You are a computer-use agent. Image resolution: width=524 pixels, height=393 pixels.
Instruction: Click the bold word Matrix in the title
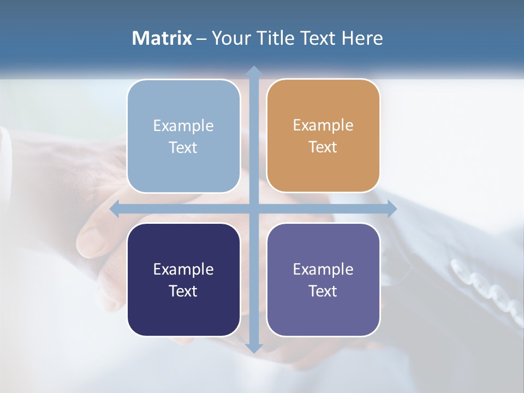(162, 38)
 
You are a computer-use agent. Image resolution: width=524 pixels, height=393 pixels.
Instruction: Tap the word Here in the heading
(362, 38)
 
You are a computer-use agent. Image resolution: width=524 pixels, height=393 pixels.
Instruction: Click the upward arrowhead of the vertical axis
(254, 71)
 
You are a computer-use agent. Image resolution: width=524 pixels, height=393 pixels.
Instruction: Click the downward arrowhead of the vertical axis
(254, 348)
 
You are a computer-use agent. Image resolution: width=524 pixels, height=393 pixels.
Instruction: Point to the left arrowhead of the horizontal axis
(115, 209)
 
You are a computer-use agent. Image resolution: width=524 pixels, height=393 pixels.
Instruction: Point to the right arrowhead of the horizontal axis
(392, 209)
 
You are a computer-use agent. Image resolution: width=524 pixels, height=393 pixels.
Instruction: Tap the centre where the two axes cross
(254, 209)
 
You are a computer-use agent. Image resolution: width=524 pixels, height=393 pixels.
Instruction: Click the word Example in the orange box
(323, 126)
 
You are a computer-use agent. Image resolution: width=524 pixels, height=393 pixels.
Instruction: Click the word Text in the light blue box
(183, 148)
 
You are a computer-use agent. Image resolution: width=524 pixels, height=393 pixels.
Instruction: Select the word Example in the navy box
(183, 269)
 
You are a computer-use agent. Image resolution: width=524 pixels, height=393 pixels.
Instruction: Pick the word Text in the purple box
(323, 291)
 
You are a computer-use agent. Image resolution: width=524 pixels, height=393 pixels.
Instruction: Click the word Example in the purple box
(323, 269)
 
